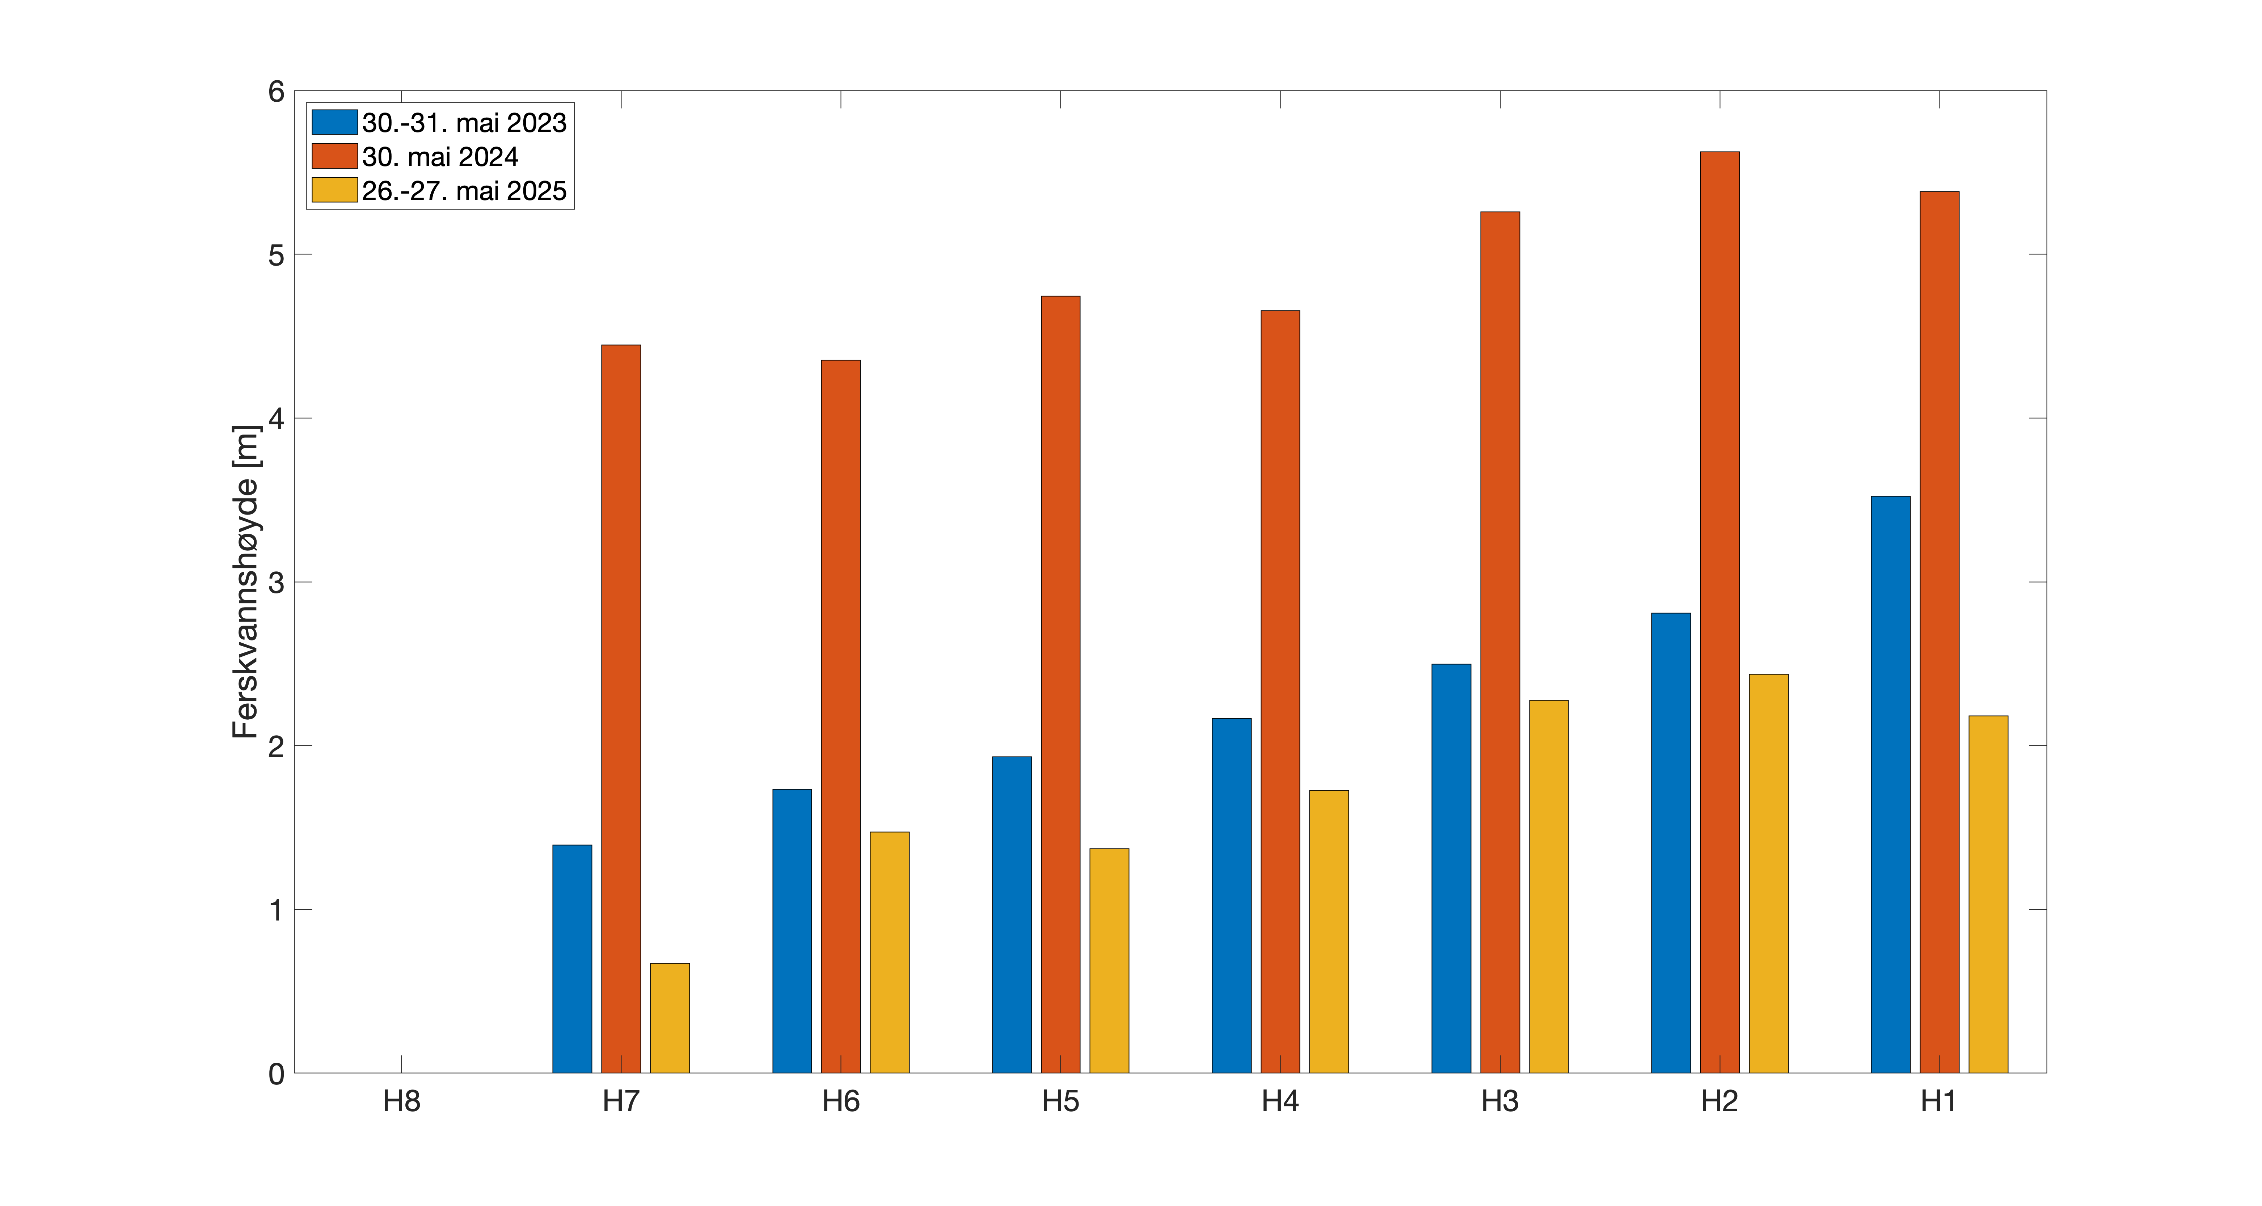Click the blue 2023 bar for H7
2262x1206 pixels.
point(571,959)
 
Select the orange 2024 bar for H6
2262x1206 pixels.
point(840,716)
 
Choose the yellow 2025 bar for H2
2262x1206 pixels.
point(1768,873)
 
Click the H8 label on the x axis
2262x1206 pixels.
point(401,1101)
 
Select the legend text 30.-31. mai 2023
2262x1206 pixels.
point(464,123)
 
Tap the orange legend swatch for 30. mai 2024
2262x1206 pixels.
point(334,156)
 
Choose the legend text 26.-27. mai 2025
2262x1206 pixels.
point(464,190)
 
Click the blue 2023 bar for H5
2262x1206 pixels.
point(1012,915)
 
